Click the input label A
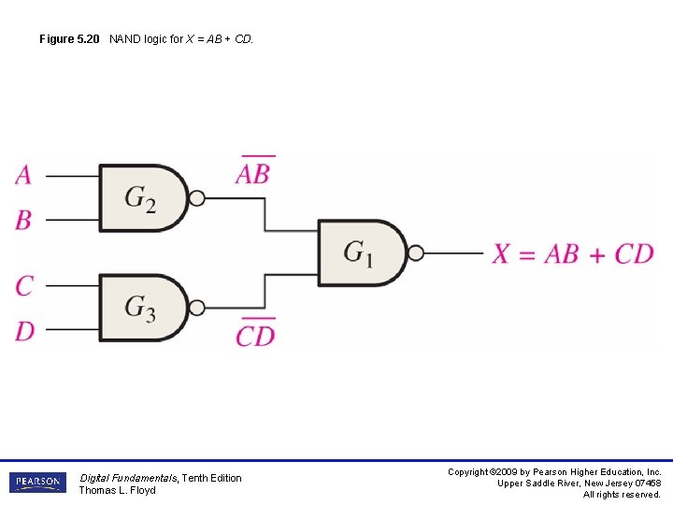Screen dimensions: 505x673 (23, 175)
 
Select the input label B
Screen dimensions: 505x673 (23, 221)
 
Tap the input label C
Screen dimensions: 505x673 (24, 285)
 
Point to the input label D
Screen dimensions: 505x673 (24, 330)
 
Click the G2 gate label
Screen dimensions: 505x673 (140, 198)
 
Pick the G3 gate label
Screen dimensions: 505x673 (140, 308)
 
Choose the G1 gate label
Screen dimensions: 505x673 (358, 252)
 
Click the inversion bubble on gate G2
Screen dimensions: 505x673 (196, 198)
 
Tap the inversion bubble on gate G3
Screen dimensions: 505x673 (196, 308)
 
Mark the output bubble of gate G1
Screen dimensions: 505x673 (416, 252)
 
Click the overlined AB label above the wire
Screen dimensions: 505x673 (253, 173)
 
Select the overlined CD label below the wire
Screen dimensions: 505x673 (255, 334)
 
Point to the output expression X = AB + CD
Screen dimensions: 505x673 (573, 253)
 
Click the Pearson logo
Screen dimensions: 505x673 (37, 483)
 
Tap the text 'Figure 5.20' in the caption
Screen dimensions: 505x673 (71, 39)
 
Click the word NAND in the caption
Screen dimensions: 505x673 (125, 39)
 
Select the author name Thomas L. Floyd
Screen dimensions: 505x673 (117, 490)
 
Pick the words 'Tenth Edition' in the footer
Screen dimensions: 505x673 (211, 478)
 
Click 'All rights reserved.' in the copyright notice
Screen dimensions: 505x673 (622, 495)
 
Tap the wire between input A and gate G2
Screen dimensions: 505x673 (71, 176)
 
